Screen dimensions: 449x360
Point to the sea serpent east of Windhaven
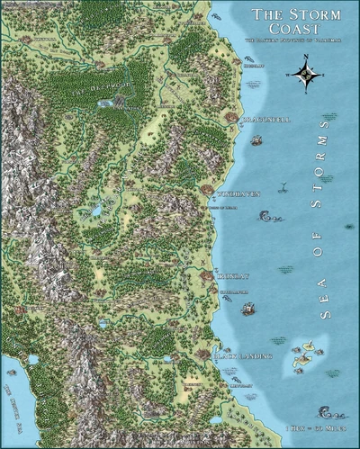(x=267, y=216)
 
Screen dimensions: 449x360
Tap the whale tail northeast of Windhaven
(x=282, y=187)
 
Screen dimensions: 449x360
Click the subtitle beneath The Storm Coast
(x=288, y=41)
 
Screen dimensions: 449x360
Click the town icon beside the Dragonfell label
(x=231, y=118)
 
